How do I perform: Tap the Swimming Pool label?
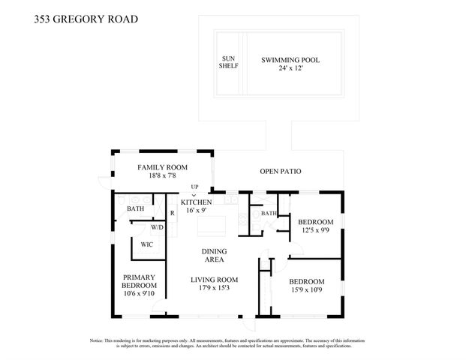click(290, 59)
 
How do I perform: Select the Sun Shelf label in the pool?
click(229, 62)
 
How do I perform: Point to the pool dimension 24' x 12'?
click(290, 69)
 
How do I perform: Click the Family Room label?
click(162, 166)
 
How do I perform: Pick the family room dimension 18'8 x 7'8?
click(162, 176)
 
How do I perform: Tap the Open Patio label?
click(280, 172)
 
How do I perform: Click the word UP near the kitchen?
click(194, 187)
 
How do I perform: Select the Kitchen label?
click(196, 202)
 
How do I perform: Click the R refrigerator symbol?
click(172, 213)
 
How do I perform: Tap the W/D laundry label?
click(158, 226)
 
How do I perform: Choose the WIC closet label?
click(147, 244)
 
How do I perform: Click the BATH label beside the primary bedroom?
click(135, 208)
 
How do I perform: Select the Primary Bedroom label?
click(140, 280)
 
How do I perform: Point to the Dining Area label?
click(214, 256)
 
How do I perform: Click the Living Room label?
click(214, 279)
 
